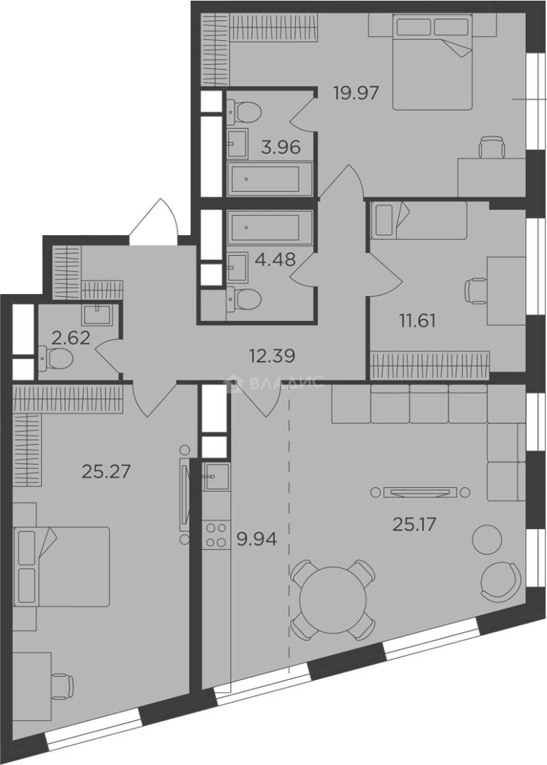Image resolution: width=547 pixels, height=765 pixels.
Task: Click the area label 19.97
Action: tap(356, 92)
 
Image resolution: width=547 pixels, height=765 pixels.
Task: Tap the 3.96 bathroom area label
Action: tap(280, 147)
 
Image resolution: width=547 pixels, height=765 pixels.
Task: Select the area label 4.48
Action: tap(275, 259)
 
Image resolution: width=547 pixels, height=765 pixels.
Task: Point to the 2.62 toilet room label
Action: tap(71, 338)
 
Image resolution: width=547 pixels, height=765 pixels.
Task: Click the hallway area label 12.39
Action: tap(272, 356)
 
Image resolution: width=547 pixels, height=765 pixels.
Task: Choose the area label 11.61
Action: tap(417, 321)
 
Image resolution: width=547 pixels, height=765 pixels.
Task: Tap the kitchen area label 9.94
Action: tap(256, 539)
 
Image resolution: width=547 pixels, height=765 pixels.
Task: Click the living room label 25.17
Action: tap(414, 524)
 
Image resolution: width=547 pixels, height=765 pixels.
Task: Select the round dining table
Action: tap(333, 600)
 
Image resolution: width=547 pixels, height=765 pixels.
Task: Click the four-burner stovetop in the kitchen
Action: tap(216, 535)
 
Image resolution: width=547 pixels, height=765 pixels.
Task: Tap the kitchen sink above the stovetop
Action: tap(216, 476)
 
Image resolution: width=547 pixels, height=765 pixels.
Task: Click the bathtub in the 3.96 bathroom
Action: tap(269, 179)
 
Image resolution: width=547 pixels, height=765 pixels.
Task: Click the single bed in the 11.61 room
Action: tap(419, 220)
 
